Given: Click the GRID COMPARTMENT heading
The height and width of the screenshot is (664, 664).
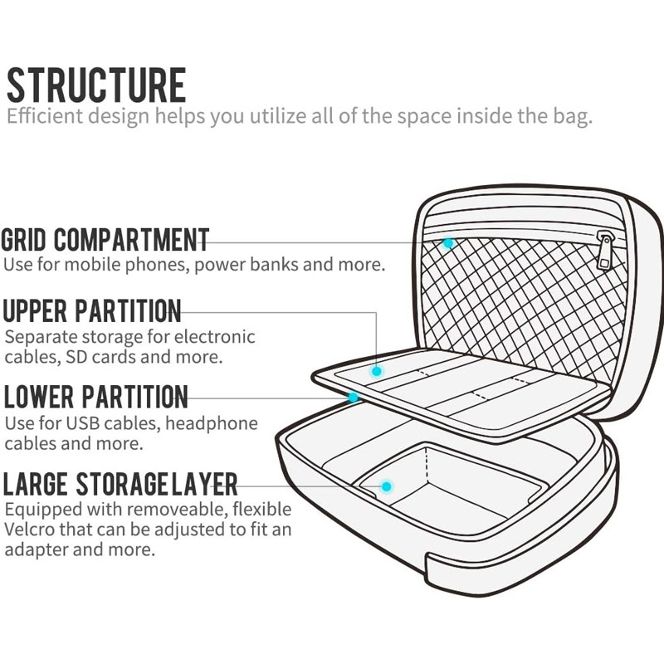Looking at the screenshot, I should [x=105, y=241].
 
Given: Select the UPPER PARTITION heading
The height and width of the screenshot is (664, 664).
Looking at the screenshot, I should [x=91, y=312].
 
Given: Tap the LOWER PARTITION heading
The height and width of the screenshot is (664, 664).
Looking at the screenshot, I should [x=95, y=396].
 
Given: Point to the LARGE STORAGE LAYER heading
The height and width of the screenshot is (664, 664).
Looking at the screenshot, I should [x=121, y=482].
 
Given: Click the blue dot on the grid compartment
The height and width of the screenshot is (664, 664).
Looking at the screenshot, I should [x=448, y=243].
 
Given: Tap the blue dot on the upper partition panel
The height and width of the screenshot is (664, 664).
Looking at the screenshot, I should [x=377, y=372].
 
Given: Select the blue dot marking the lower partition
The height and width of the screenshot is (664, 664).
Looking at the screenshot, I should [x=354, y=398].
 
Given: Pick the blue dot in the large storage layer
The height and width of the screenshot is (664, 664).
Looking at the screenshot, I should [x=386, y=486].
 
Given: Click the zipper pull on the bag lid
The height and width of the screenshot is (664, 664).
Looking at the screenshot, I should [x=605, y=251].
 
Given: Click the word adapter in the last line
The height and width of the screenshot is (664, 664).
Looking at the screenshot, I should [x=39, y=550].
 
